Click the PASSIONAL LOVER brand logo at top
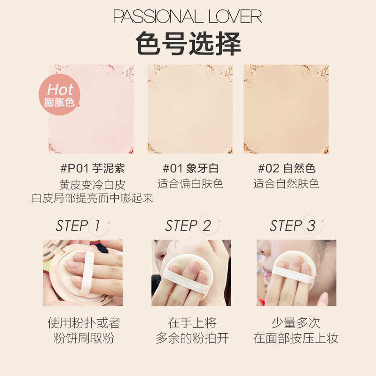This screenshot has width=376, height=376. coord(188,16)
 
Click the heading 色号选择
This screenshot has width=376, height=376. coord(188,43)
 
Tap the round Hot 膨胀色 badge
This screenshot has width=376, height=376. coord(59,94)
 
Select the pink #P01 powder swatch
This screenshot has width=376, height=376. coord(91,109)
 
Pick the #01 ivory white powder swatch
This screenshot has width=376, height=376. coord(190,109)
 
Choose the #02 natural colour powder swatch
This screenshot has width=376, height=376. coord(286,109)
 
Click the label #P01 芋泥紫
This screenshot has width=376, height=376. coord(93,168)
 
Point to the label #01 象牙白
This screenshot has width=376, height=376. coord(191,168)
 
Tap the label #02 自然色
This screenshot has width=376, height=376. coord(287,168)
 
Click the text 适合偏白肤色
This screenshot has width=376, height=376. coord(190,184)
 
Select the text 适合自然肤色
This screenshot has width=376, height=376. coord(286,184)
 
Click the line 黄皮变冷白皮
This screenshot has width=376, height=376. coord(92,185)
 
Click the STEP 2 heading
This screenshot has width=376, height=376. coord(188,226)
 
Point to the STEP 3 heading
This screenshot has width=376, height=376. coord(292,226)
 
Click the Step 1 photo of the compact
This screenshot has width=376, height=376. coord(83,273)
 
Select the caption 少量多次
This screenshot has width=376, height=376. coord(296,323)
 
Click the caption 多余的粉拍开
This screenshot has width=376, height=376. coord(192,338)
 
